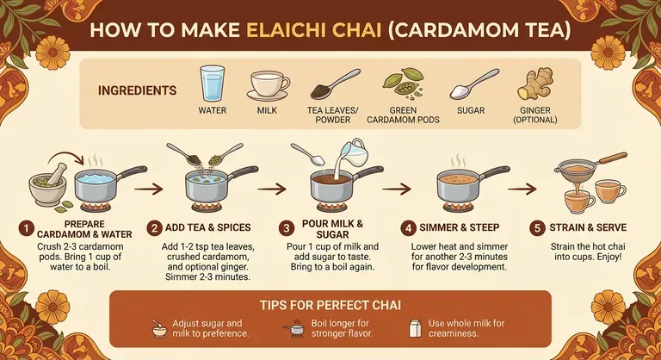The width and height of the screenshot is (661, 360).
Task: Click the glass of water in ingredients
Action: coord(212,84)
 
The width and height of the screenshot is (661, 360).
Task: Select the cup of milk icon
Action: coord(269,85)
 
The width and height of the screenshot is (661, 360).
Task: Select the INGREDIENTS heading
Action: coord(138,90)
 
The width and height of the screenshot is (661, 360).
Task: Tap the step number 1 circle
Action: coord(28,229)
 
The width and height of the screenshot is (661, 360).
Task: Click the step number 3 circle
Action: coord(287,229)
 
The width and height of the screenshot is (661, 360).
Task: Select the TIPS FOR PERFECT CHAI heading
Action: coord(330,305)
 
